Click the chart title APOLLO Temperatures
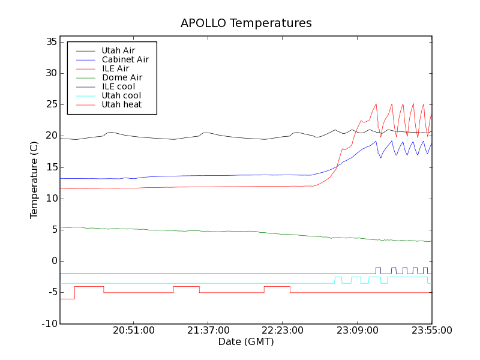246,23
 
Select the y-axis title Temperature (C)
34,180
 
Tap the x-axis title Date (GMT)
246,341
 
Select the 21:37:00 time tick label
208,331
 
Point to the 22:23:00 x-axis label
283,331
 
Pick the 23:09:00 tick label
357,331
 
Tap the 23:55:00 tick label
431,331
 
